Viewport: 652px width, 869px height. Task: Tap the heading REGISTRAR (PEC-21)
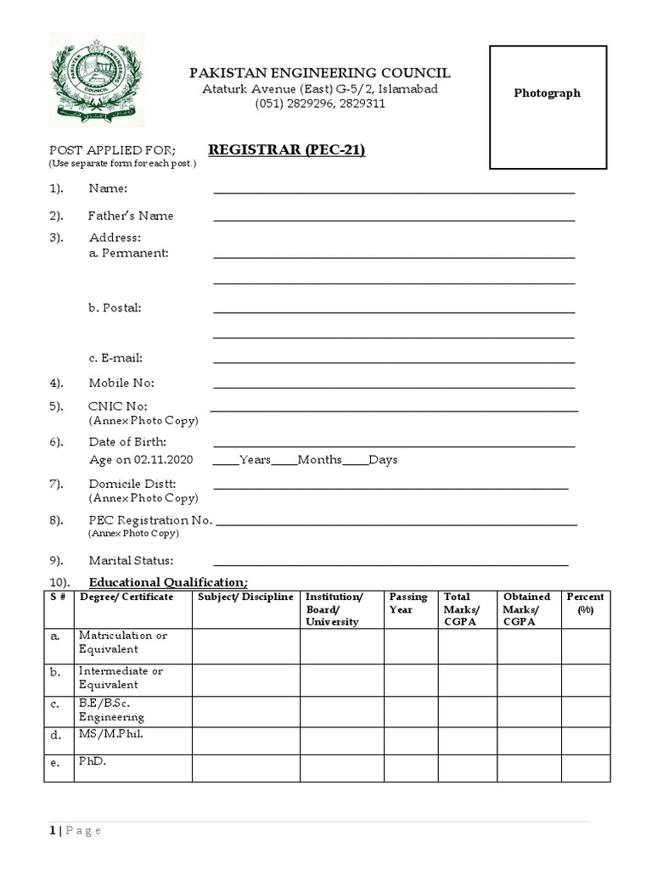coord(287,150)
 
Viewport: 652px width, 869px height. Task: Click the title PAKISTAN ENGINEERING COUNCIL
coord(319,73)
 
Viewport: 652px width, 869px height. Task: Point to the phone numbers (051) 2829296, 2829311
coord(320,104)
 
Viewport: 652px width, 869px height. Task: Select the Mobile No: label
coord(121,384)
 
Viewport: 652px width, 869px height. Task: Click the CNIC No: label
coord(118,406)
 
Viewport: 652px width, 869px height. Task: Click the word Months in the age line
coord(319,460)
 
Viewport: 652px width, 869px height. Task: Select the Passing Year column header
coord(408,603)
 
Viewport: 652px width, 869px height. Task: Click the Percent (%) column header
coord(585,603)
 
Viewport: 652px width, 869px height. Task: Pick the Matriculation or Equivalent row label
coord(123,642)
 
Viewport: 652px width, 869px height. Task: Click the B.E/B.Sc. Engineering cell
coord(112,711)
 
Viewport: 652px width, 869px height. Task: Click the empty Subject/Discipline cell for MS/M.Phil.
coord(245,740)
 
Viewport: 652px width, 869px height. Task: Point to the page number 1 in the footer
coord(52,831)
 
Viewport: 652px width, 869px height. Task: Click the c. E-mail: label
coord(115,358)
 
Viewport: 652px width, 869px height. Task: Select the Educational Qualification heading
coord(168,582)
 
